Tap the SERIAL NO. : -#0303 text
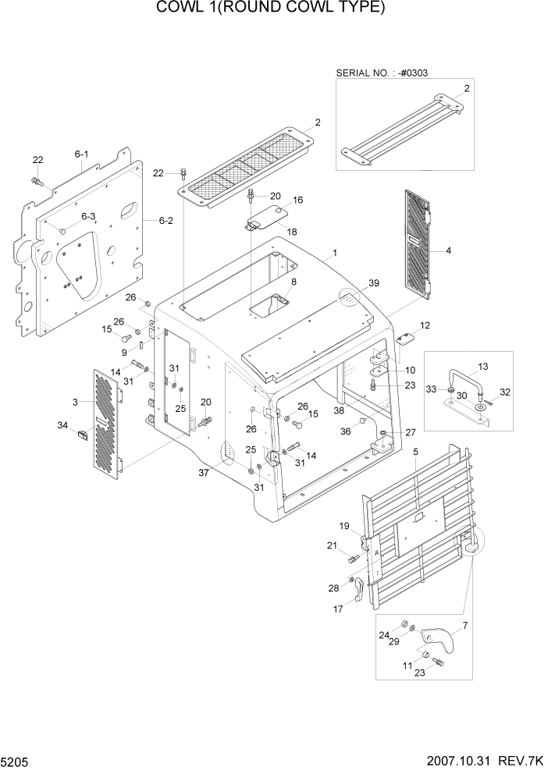(x=382, y=73)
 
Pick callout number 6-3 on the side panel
(x=87, y=216)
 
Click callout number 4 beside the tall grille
(x=448, y=250)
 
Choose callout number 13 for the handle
(x=482, y=366)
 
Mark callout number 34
(x=62, y=424)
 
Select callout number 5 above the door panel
(x=415, y=451)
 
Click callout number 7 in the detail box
(x=465, y=626)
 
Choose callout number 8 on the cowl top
(x=294, y=282)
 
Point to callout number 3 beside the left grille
(x=75, y=402)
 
